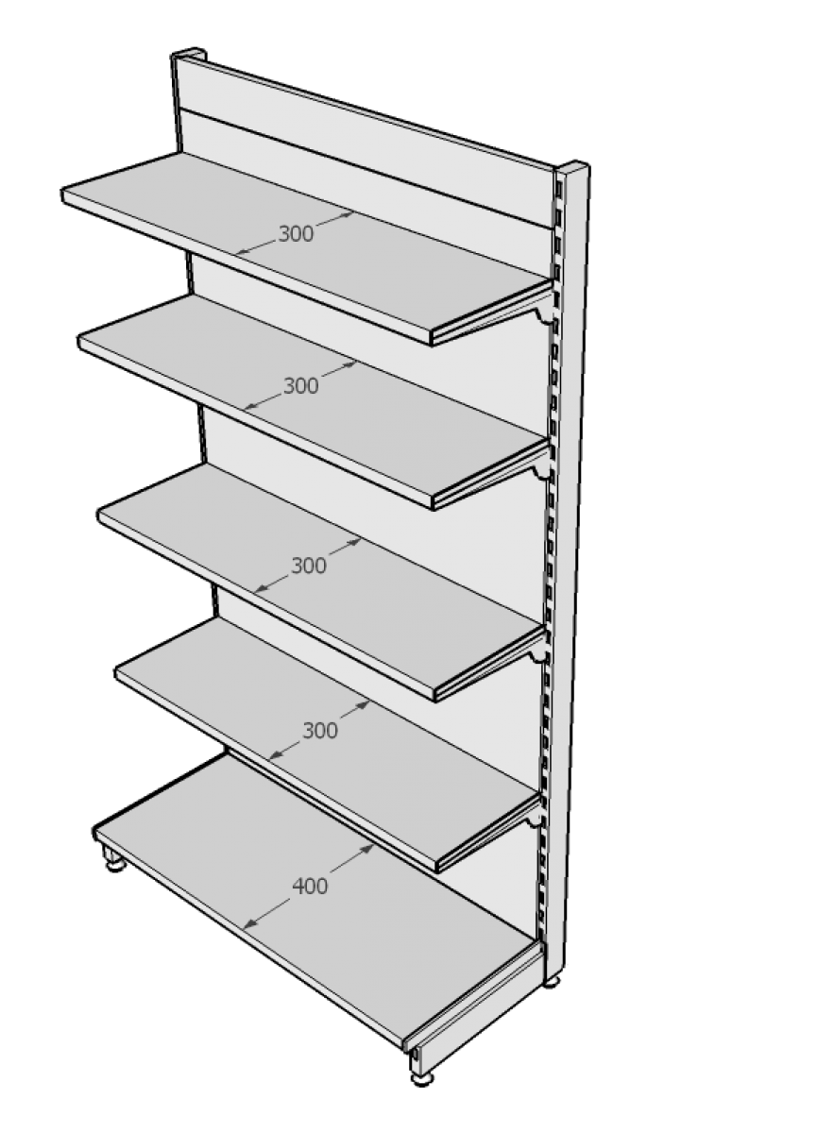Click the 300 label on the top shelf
pyautogui.click(x=296, y=234)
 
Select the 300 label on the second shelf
pyautogui.click(x=301, y=386)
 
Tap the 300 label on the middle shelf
pyautogui.click(x=309, y=565)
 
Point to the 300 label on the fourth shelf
pyautogui.click(x=320, y=731)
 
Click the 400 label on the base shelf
pyautogui.click(x=310, y=887)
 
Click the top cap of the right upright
pyautogui.click(x=573, y=167)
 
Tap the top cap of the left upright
pyautogui.click(x=188, y=53)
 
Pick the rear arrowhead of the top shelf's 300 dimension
pyautogui.click(x=347, y=214)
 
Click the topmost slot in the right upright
pyautogui.click(x=559, y=190)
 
